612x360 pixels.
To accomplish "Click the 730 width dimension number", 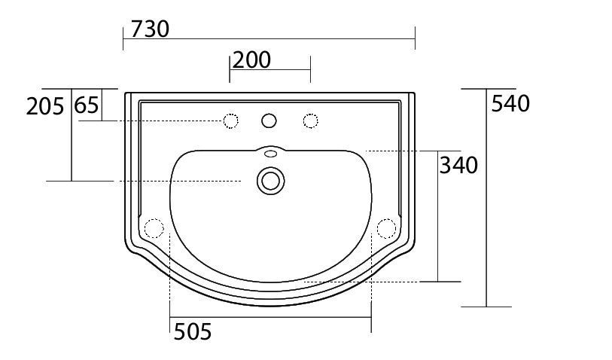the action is click(150, 29).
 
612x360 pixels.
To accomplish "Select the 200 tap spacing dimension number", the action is click(251, 59).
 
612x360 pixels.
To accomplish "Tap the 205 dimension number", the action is click(45, 106).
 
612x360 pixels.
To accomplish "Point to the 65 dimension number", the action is click(87, 105).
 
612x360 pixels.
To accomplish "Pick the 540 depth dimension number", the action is click(510, 103).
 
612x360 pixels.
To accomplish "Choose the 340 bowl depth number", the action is click(458, 165).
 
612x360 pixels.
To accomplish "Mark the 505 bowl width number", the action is click(193, 332).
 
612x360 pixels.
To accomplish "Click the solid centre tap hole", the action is click(269, 121).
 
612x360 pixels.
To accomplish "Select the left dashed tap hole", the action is click(230, 121).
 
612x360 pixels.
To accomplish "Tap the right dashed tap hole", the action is click(310, 121).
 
